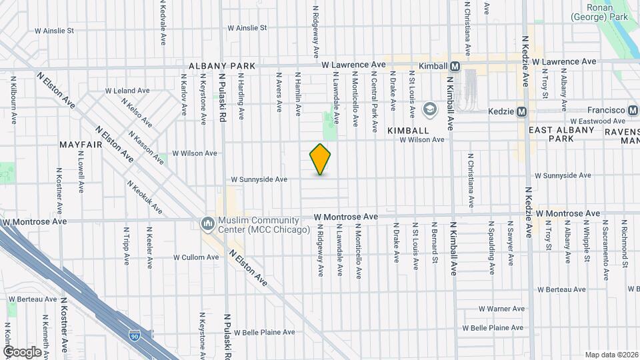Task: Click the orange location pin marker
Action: tap(321, 159)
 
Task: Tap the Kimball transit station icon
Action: tap(455, 66)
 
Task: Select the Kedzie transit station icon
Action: tap(522, 111)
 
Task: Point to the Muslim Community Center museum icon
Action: tap(207, 222)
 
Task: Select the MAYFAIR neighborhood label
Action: tap(79, 145)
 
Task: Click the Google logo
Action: tap(22, 351)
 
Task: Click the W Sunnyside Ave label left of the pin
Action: tap(259, 179)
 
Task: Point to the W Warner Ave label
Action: tap(501, 309)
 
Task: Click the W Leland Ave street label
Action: tap(127, 91)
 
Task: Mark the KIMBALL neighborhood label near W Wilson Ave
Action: tap(407, 131)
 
